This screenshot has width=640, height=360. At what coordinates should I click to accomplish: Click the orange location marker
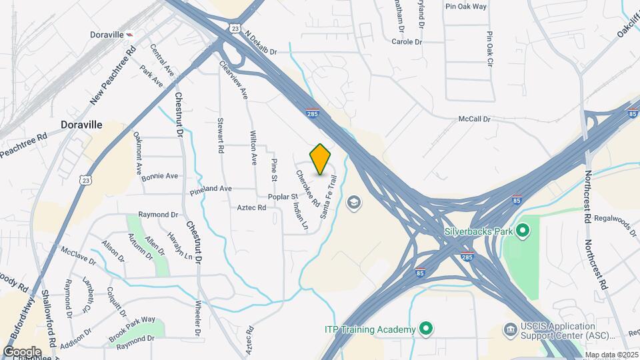click(x=321, y=159)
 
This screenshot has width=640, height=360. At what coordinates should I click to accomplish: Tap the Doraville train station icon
click(x=129, y=35)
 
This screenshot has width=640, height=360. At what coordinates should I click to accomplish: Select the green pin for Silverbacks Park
click(x=523, y=232)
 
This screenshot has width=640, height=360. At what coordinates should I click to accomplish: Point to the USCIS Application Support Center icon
click(x=511, y=330)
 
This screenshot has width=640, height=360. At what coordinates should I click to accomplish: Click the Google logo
click(x=22, y=352)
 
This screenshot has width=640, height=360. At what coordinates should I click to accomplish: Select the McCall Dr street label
click(x=474, y=119)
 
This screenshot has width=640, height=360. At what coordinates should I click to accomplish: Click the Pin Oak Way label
click(x=466, y=6)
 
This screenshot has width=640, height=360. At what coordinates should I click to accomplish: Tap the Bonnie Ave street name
click(x=159, y=176)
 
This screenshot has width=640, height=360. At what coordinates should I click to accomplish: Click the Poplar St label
click(x=283, y=197)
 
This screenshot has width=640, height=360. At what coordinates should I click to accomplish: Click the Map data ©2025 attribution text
click(x=611, y=355)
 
